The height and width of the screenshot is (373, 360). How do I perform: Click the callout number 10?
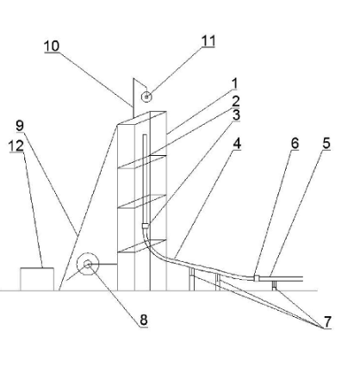(x=52, y=46)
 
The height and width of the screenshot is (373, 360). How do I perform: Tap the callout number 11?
(x=208, y=40)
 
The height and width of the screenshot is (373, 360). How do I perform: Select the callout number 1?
(x=235, y=84)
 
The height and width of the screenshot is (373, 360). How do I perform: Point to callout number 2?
(x=236, y=101)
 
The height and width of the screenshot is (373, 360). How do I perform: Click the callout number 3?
(x=236, y=115)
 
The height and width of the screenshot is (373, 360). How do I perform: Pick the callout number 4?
(x=237, y=143)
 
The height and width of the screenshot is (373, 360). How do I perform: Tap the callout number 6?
(x=295, y=143)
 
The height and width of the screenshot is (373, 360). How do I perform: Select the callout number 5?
(x=326, y=143)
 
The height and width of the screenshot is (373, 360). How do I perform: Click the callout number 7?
(x=327, y=321)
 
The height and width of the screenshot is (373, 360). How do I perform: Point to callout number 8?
(x=144, y=320)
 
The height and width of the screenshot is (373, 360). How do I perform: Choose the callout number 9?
(x=20, y=126)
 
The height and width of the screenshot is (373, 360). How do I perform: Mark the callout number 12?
(x=16, y=146)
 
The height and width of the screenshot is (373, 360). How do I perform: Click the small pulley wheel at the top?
(x=146, y=96)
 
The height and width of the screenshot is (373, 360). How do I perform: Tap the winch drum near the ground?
(x=88, y=264)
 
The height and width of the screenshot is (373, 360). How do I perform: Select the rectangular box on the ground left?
(x=37, y=279)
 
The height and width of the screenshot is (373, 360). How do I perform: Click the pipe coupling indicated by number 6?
(x=257, y=277)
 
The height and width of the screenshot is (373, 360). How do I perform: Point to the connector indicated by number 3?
(x=146, y=226)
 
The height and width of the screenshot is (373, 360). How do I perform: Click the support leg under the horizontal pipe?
(x=274, y=286)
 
